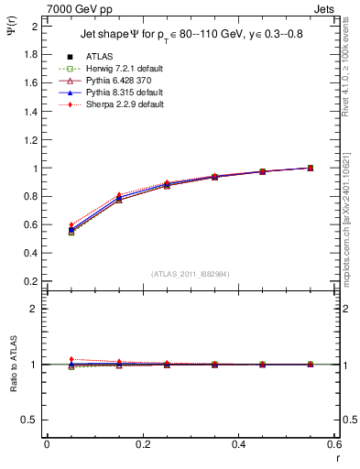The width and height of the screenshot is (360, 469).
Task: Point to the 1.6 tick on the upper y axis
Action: click(x=30, y=82)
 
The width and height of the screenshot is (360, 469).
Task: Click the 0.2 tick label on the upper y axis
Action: click(x=30, y=281)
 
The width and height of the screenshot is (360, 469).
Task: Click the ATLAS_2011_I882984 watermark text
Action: click(x=191, y=275)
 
